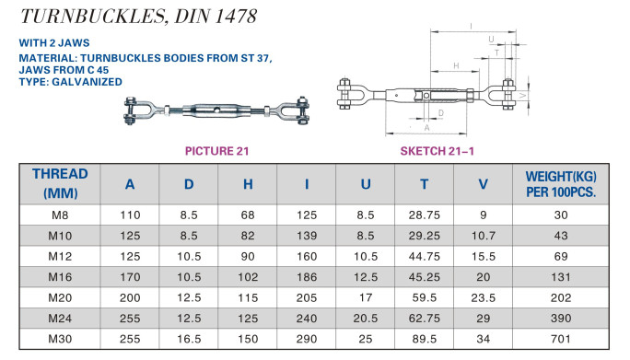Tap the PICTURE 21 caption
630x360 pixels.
tap(217, 151)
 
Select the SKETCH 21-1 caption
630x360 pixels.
tap(437, 151)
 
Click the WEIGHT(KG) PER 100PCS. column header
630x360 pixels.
tap(561, 184)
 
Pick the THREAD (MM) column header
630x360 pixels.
tap(60, 183)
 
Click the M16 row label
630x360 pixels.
tap(60, 277)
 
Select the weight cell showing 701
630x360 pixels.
tap(561, 339)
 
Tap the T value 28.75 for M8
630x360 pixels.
tap(425, 215)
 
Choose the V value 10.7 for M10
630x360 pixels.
tap(484, 236)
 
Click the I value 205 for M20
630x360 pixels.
tap(307, 297)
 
